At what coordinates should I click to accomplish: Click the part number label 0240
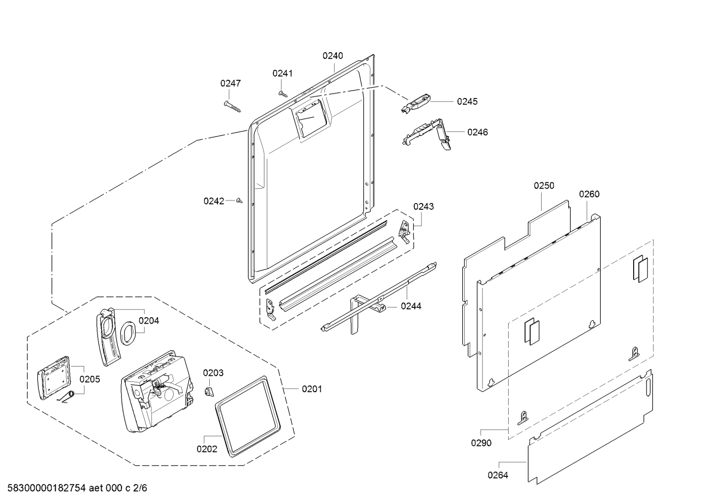point(333,56)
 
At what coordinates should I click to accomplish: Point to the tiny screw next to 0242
point(240,201)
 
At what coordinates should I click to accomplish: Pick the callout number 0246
point(477,132)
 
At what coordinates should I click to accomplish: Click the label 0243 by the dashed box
point(423,206)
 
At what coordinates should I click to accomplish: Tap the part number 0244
point(411,306)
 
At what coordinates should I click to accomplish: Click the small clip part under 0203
point(209,391)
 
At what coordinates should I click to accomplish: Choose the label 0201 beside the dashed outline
point(312,389)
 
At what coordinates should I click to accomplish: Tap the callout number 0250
point(544,186)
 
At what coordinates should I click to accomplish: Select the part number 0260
point(589,194)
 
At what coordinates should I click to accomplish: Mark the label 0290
point(481,443)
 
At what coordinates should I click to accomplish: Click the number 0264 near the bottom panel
point(498,475)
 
